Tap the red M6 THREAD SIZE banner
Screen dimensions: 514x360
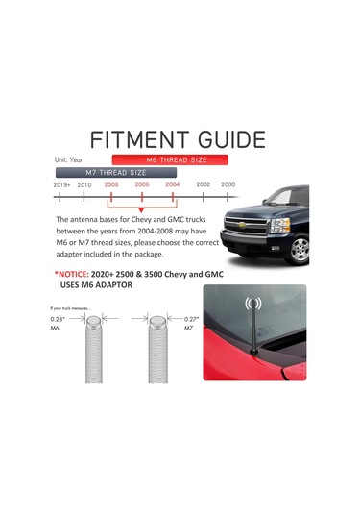pyautogui.click(x=169, y=159)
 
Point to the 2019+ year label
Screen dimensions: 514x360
pyautogui.click(x=61, y=184)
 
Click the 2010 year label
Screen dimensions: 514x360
pyautogui.click(x=84, y=184)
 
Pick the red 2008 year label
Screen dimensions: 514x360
pyautogui.click(x=111, y=184)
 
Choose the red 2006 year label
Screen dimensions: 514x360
pyautogui.click(x=141, y=184)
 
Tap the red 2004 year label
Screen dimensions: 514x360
pyautogui.click(x=172, y=184)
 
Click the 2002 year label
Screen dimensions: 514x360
pyautogui.click(x=203, y=184)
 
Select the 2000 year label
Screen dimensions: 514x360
pyautogui.click(x=228, y=184)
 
